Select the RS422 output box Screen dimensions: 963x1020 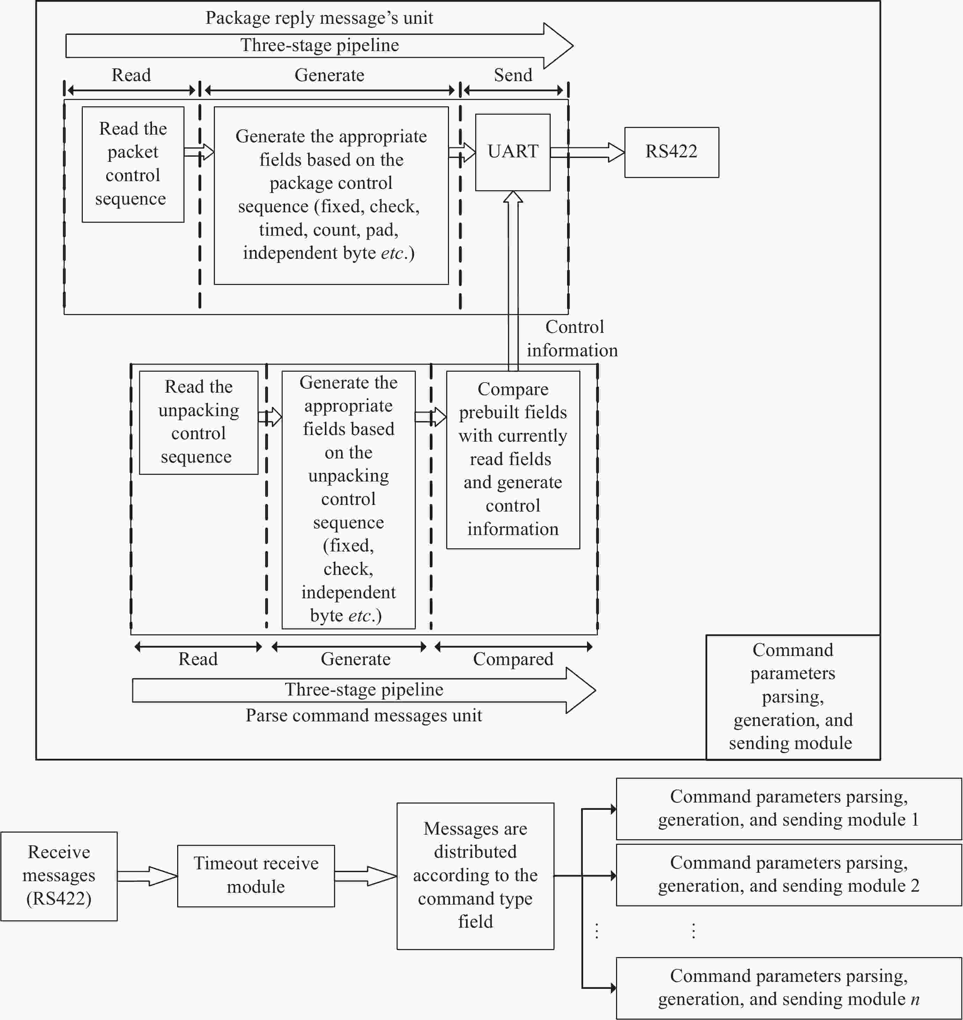coord(672,152)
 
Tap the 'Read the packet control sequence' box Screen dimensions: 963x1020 coord(133,164)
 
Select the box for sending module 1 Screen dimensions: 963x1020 coord(789,808)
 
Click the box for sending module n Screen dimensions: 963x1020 coord(789,988)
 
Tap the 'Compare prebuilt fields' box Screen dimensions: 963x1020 coord(513,460)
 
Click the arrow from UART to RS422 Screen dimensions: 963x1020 coord(587,152)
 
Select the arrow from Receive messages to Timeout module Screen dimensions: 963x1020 coord(147,876)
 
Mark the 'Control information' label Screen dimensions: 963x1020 coord(572,338)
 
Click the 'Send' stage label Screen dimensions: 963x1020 coord(513,75)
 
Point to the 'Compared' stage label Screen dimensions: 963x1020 coord(513,659)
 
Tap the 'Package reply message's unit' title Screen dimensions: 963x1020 coord(319,18)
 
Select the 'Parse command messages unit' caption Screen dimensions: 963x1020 coord(363,715)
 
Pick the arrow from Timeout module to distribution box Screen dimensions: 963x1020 coord(365,876)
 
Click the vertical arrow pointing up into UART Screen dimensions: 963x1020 coord(513,281)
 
